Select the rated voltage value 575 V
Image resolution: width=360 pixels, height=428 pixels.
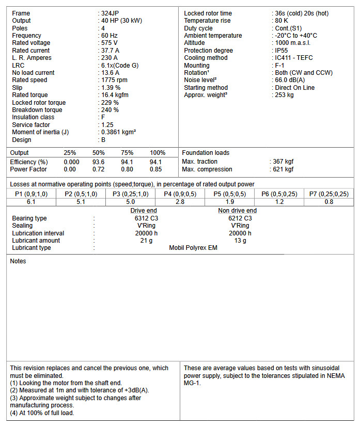[x=109, y=43]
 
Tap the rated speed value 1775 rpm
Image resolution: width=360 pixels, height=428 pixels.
[x=114, y=80]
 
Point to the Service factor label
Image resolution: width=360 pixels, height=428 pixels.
[x=30, y=125]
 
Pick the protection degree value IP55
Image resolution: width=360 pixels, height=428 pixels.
[x=282, y=51]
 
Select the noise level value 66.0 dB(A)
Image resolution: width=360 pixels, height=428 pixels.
[x=290, y=80]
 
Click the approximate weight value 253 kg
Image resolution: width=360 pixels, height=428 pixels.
[x=284, y=95]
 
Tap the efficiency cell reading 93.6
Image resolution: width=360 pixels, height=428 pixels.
[x=99, y=162]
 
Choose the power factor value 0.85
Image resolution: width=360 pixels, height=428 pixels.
[x=155, y=169]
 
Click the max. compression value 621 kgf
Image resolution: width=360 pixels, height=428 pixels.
[x=284, y=169]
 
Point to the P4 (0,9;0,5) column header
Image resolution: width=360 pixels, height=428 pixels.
[x=180, y=194]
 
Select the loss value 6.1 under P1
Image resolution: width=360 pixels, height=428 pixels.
[x=31, y=202]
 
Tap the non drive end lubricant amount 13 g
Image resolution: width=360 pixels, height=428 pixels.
[x=240, y=241]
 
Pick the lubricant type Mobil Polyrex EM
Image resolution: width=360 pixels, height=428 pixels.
[x=193, y=248]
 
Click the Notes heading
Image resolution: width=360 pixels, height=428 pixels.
[x=18, y=261]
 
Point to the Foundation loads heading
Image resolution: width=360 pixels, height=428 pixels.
[x=206, y=153]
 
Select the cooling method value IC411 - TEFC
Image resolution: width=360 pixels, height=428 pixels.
[x=293, y=58]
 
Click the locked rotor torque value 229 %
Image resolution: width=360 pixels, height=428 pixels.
[x=110, y=103]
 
